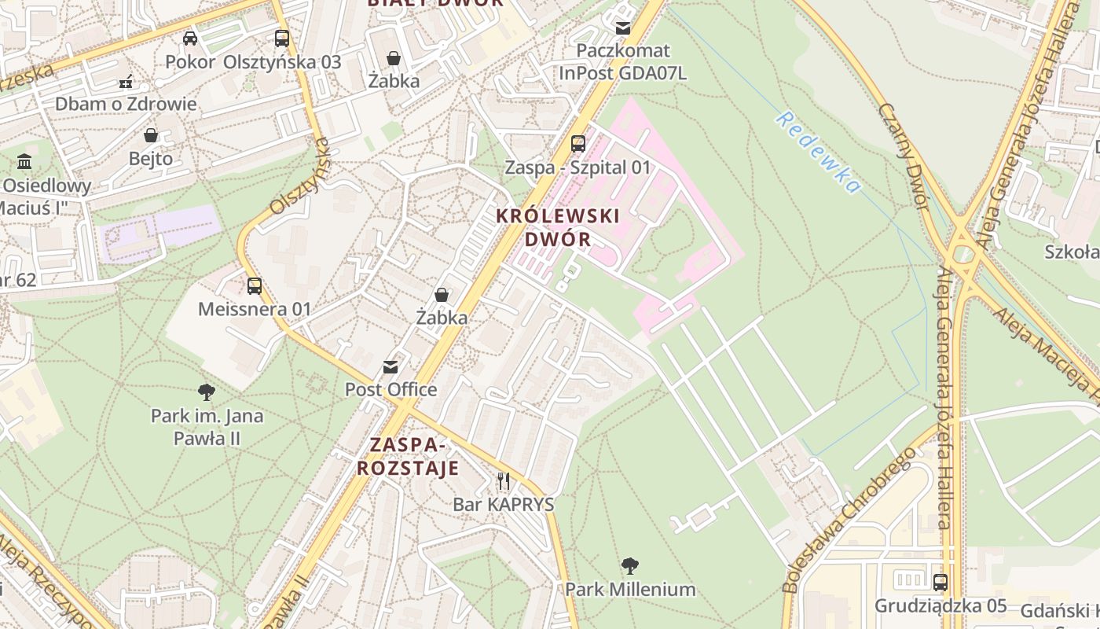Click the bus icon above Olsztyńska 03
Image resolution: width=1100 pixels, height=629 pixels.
click(x=281, y=38)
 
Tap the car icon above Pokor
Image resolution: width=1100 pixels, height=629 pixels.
click(x=190, y=38)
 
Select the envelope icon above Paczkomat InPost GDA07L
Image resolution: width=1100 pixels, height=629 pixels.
click(x=623, y=28)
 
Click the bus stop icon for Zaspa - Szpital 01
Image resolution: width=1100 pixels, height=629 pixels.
click(x=578, y=144)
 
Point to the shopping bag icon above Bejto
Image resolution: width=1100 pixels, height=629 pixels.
click(x=151, y=135)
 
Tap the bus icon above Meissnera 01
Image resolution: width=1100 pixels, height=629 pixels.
click(x=255, y=286)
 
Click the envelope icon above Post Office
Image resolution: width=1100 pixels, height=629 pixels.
click(x=390, y=367)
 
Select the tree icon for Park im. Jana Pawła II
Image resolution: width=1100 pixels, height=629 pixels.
click(x=207, y=392)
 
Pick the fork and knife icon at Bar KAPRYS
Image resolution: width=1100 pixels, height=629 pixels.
click(x=504, y=480)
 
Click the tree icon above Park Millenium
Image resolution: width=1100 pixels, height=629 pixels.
click(x=629, y=565)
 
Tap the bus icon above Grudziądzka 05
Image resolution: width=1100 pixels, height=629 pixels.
click(x=940, y=583)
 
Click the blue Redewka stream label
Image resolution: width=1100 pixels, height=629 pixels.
click(x=818, y=153)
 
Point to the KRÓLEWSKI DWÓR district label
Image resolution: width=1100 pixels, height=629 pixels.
click(x=558, y=227)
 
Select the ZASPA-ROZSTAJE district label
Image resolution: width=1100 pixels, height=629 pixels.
click(x=408, y=457)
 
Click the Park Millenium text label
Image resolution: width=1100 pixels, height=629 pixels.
click(x=630, y=590)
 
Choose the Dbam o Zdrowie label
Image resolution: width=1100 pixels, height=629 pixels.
click(x=126, y=104)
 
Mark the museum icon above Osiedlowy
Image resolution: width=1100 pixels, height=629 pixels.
click(x=24, y=162)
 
